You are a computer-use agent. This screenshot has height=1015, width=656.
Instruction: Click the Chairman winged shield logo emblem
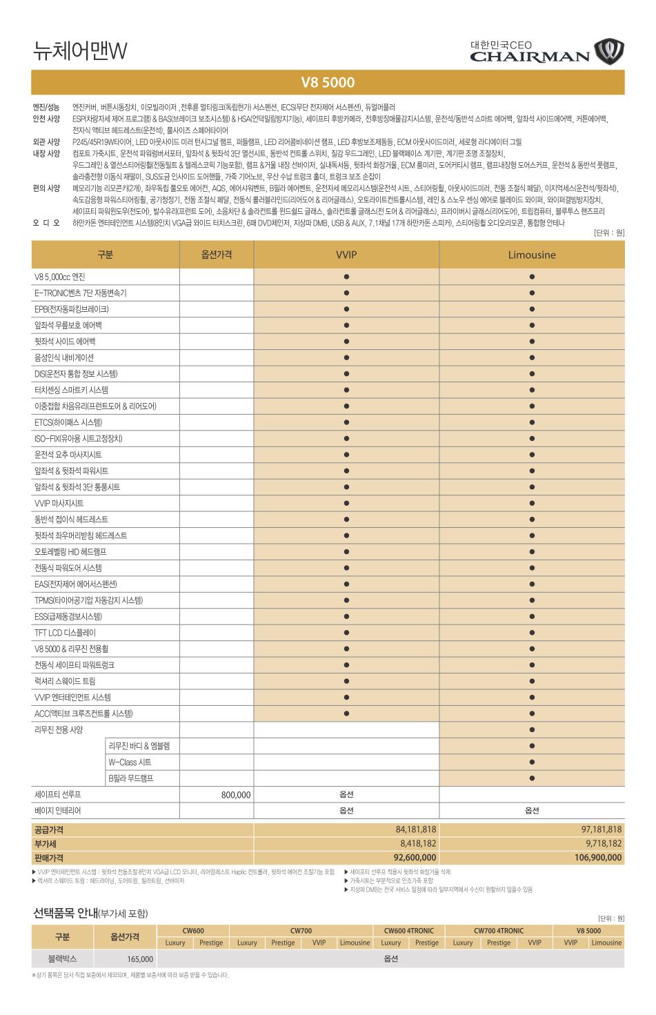tap(608, 50)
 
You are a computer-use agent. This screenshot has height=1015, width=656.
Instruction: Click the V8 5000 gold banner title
tap(328, 83)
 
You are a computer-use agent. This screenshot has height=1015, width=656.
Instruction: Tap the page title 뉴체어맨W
tap(81, 50)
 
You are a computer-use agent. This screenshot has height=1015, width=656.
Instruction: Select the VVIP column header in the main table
tap(346, 255)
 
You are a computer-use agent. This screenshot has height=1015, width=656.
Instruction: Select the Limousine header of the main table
tap(532, 255)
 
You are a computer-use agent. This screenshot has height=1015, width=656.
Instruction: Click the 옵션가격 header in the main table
tap(217, 255)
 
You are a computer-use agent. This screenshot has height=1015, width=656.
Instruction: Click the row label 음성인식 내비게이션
tap(64, 357)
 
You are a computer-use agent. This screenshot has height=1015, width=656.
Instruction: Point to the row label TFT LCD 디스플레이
tap(66, 633)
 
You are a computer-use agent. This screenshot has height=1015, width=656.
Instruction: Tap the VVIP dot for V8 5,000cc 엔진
tap(346, 277)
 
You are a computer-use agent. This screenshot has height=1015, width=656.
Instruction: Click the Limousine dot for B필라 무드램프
tap(532, 778)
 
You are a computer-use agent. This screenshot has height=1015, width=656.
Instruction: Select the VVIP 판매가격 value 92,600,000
tap(415, 858)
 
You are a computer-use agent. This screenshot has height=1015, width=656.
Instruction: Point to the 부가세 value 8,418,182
tap(418, 843)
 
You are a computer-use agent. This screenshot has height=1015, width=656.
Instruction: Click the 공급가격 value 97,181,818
tap(602, 829)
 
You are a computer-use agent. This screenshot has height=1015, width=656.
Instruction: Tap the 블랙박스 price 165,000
tap(139, 959)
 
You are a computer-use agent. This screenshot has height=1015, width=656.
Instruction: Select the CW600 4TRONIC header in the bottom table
tap(409, 931)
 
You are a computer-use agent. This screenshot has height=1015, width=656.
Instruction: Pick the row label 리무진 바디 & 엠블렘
tap(139, 746)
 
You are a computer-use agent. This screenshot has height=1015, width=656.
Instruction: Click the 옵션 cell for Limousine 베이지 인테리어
tap(532, 811)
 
